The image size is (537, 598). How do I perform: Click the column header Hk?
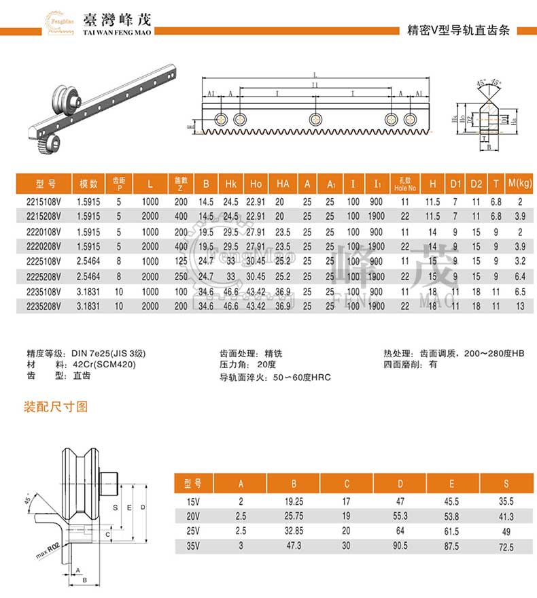coord(230,184)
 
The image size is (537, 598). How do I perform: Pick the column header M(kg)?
coord(519,184)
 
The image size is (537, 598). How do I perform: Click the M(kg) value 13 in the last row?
coord(519,307)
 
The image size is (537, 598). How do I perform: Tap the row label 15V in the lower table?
coord(193,501)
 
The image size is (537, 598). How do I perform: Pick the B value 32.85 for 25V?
coord(294,531)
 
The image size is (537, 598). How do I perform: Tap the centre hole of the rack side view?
coord(314,119)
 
